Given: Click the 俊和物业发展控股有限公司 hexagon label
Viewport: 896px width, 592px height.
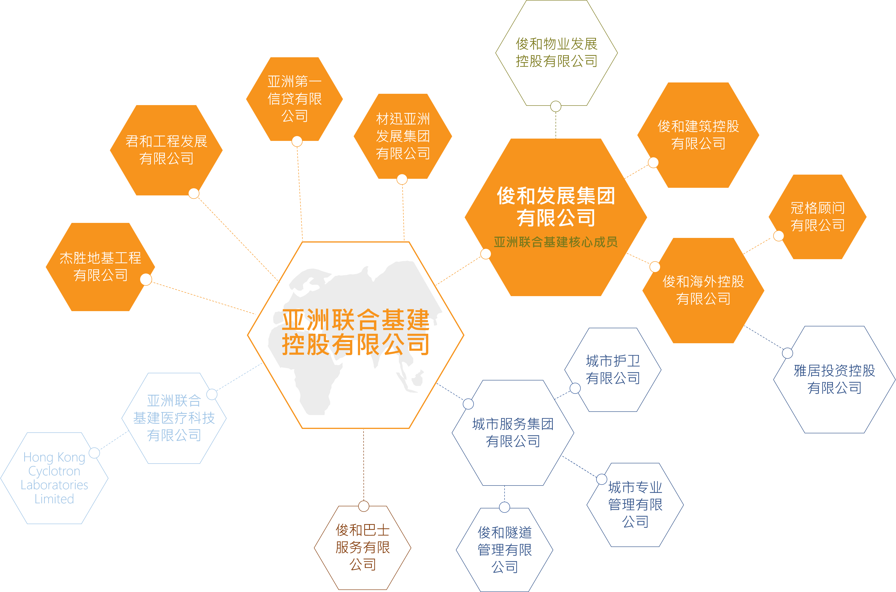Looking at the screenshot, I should pyautogui.click(x=556, y=52).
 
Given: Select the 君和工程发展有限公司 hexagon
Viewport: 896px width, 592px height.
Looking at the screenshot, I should pyautogui.click(x=166, y=150).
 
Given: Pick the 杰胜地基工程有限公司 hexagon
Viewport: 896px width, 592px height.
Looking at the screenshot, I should pyautogui.click(x=100, y=267).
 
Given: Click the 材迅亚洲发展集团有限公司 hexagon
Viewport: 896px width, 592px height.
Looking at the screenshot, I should pyautogui.click(x=403, y=136).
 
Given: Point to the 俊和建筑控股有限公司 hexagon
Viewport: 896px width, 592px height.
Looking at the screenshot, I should pyautogui.click(x=698, y=135).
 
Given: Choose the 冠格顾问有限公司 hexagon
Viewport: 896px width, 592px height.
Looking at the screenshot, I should pyautogui.click(x=818, y=217).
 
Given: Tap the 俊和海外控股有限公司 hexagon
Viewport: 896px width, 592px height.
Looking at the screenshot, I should pyautogui.click(x=703, y=290).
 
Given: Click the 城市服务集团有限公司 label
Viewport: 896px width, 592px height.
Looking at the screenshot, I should pyautogui.click(x=513, y=433).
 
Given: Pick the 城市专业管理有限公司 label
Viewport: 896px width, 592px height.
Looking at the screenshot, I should pyautogui.click(x=635, y=504).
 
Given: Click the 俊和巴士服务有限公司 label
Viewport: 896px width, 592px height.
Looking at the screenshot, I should pyautogui.click(x=363, y=547).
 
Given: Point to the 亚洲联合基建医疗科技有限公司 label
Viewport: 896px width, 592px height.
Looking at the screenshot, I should pyautogui.click(x=174, y=418).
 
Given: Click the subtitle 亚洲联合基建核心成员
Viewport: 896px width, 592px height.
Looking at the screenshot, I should pyautogui.click(x=556, y=242).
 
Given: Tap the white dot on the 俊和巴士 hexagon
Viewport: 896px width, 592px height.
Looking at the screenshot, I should pyautogui.click(x=364, y=506).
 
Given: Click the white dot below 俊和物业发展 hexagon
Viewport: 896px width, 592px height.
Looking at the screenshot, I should pyautogui.click(x=556, y=106).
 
